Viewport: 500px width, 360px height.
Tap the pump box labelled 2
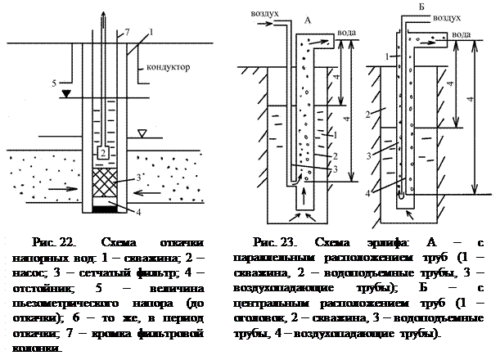click(x=102, y=153)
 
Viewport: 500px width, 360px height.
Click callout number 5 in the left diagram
click(x=54, y=83)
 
